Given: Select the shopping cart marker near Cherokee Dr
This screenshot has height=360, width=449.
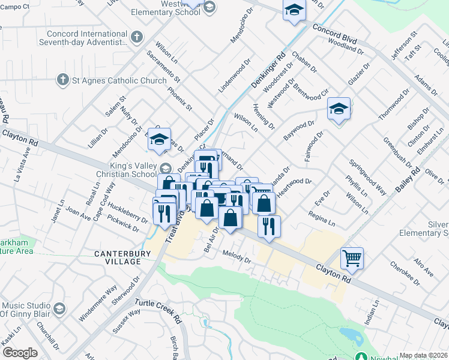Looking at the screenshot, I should click(x=352, y=258).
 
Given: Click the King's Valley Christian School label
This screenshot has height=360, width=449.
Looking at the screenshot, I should click(x=124, y=171).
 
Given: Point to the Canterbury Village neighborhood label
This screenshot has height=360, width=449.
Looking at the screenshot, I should click(x=118, y=258).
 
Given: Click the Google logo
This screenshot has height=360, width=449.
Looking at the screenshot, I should click(x=20, y=353).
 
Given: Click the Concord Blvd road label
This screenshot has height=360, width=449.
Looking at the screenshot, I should click(x=334, y=34).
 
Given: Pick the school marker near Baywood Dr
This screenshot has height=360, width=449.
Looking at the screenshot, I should click(x=339, y=109).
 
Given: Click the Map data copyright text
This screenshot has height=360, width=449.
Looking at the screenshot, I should click(x=423, y=355).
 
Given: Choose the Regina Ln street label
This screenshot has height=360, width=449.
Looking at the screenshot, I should click(x=321, y=216).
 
